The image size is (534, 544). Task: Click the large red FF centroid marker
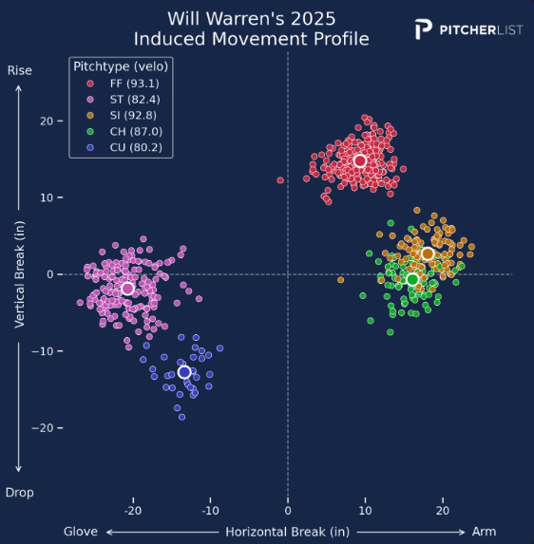(x=360, y=161)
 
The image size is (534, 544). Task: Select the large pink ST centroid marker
(x=127, y=289)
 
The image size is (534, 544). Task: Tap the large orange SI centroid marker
(x=428, y=253)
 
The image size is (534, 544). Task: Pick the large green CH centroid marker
(x=412, y=279)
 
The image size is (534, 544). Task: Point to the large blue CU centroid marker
(x=184, y=372)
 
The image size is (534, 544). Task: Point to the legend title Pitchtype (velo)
(x=121, y=66)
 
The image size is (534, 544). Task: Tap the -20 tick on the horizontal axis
(x=134, y=511)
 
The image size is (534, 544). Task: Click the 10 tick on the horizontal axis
(x=365, y=511)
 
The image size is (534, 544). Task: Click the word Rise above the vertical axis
(x=20, y=70)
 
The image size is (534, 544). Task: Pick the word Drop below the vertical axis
(x=20, y=493)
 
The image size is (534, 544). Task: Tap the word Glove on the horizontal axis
(x=81, y=532)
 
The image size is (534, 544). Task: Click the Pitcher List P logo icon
(x=424, y=29)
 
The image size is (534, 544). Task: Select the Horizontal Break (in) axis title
(x=288, y=532)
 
